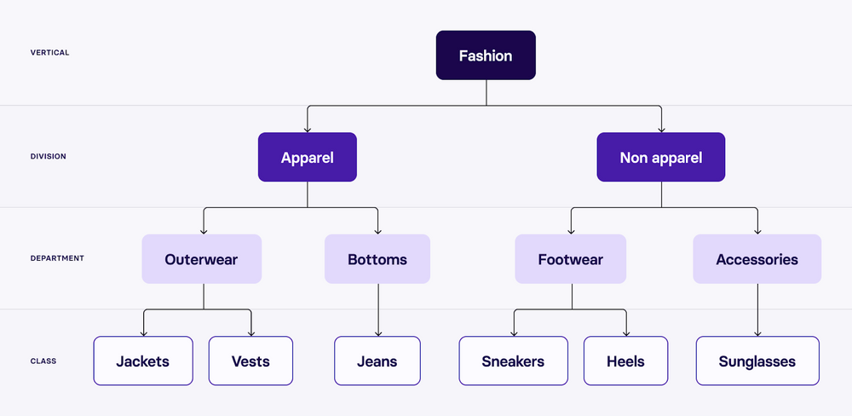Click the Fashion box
[486, 55]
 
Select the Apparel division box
[308, 157]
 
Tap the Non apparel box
[661, 157]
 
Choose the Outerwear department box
[202, 259]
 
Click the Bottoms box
[377, 259]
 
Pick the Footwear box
[571, 259]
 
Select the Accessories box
[757, 259]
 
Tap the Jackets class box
[143, 361]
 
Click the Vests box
[250, 361]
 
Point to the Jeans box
[377, 361]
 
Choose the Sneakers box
[514, 361]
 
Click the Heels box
[626, 361]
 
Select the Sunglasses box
[757, 361]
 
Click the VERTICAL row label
[49, 53]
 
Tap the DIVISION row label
[49, 157]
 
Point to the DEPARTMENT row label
[57, 258]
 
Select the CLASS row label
[43, 361]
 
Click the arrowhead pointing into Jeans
[377, 333]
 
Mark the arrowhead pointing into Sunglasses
[757, 333]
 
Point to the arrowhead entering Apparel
[308, 130]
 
